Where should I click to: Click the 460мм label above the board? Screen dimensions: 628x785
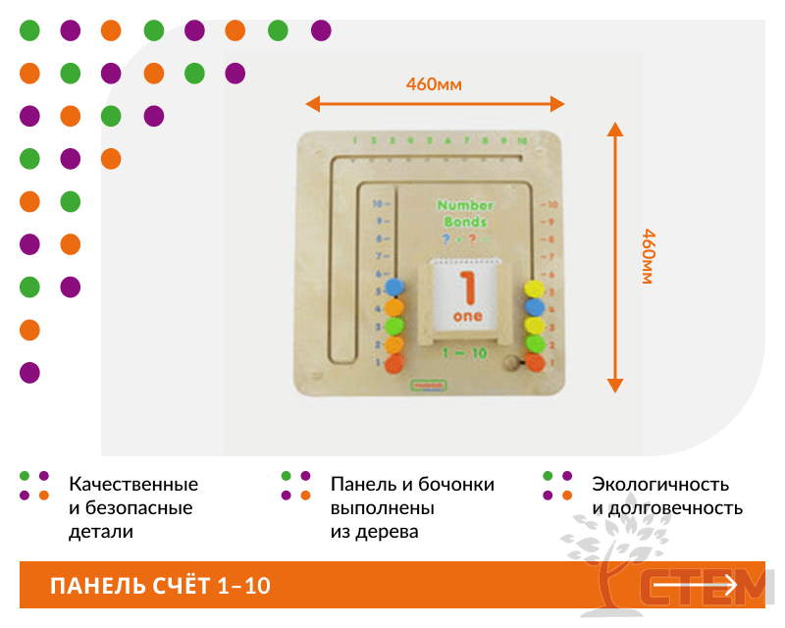pos(434,83)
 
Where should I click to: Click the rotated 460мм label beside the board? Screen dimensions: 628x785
pos(649,256)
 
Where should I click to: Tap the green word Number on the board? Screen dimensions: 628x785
pos(465,205)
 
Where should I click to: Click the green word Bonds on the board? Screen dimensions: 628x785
pos(463,221)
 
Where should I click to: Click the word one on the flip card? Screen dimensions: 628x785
pos(468,317)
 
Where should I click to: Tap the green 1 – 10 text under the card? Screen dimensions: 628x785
pos(465,351)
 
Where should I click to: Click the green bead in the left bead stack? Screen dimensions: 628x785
pos(394,326)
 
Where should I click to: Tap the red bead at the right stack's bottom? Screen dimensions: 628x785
pos(535,361)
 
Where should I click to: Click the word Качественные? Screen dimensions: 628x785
pos(132,485)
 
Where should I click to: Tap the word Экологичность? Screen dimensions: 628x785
pos(659,485)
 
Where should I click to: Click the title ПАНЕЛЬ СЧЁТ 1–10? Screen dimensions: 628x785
pos(160,587)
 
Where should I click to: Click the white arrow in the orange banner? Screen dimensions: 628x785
pos(695,585)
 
